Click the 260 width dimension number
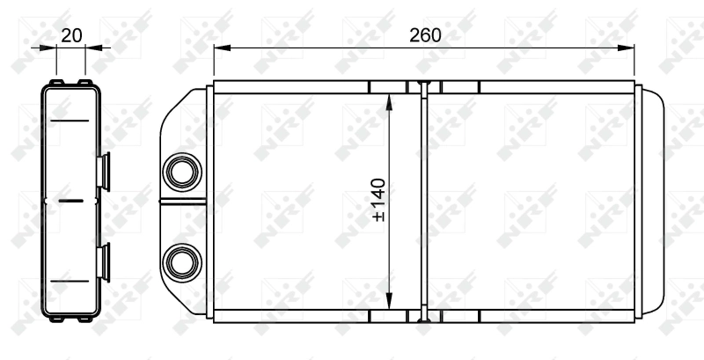click(x=424, y=35)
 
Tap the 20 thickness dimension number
click(x=71, y=35)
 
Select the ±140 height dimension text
click(x=379, y=200)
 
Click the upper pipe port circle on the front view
click(x=183, y=168)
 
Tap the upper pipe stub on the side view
click(x=106, y=169)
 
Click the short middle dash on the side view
click(x=70, y=201)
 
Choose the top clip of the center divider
click(x=423, y=87)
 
